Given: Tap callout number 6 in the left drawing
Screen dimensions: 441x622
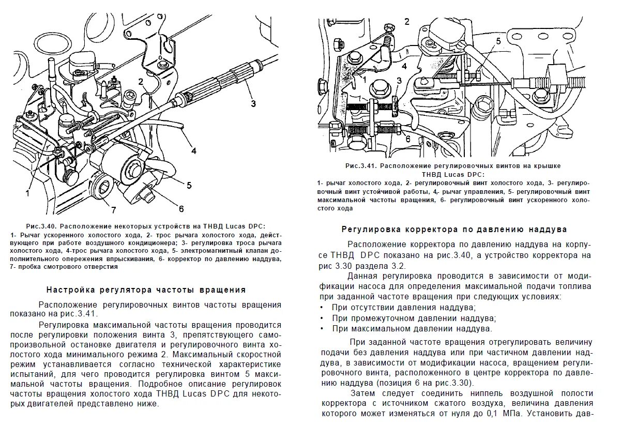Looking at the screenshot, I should [x=181, y=208].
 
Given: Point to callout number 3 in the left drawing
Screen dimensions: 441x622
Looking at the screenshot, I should [x=253, y=103].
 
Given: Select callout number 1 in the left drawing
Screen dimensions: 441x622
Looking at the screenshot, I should [x=27, y=192].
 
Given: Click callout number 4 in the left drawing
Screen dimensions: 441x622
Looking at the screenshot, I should [x=194, y=151].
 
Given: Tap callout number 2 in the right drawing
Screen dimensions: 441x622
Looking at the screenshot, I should [x=407, y=21].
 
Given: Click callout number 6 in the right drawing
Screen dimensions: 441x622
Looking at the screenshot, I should [x=407, y=139].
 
